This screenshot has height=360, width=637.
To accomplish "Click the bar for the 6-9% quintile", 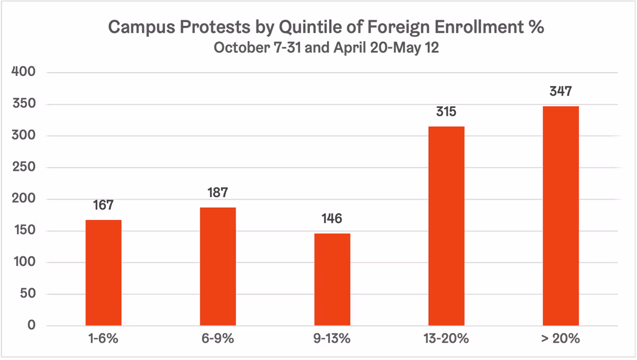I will tap(218, 266).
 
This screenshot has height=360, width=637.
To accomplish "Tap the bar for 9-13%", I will tap(332, 279).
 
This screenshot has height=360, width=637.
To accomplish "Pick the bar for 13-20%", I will tap(446, 226).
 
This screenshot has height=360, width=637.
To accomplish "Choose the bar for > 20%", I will tap(561, 216).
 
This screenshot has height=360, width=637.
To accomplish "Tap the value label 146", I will tap(332, 219).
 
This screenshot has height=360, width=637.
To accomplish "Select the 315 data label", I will tap(446, 113).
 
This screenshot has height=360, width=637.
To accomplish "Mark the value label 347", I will tap(561, 92).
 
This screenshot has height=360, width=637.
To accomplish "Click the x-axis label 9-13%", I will tap(332, 339).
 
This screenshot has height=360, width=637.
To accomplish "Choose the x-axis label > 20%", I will tap(561, 339).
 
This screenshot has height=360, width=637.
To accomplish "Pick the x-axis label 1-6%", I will tap(104, 339).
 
